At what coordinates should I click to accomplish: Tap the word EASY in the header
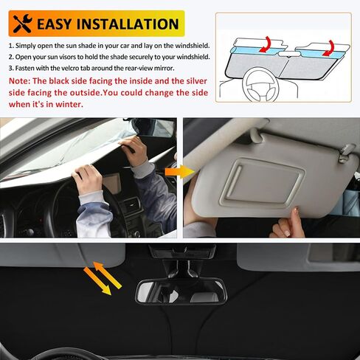point(62,24)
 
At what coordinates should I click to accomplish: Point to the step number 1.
point(10,45)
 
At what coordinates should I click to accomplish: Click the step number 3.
point(10,68)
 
